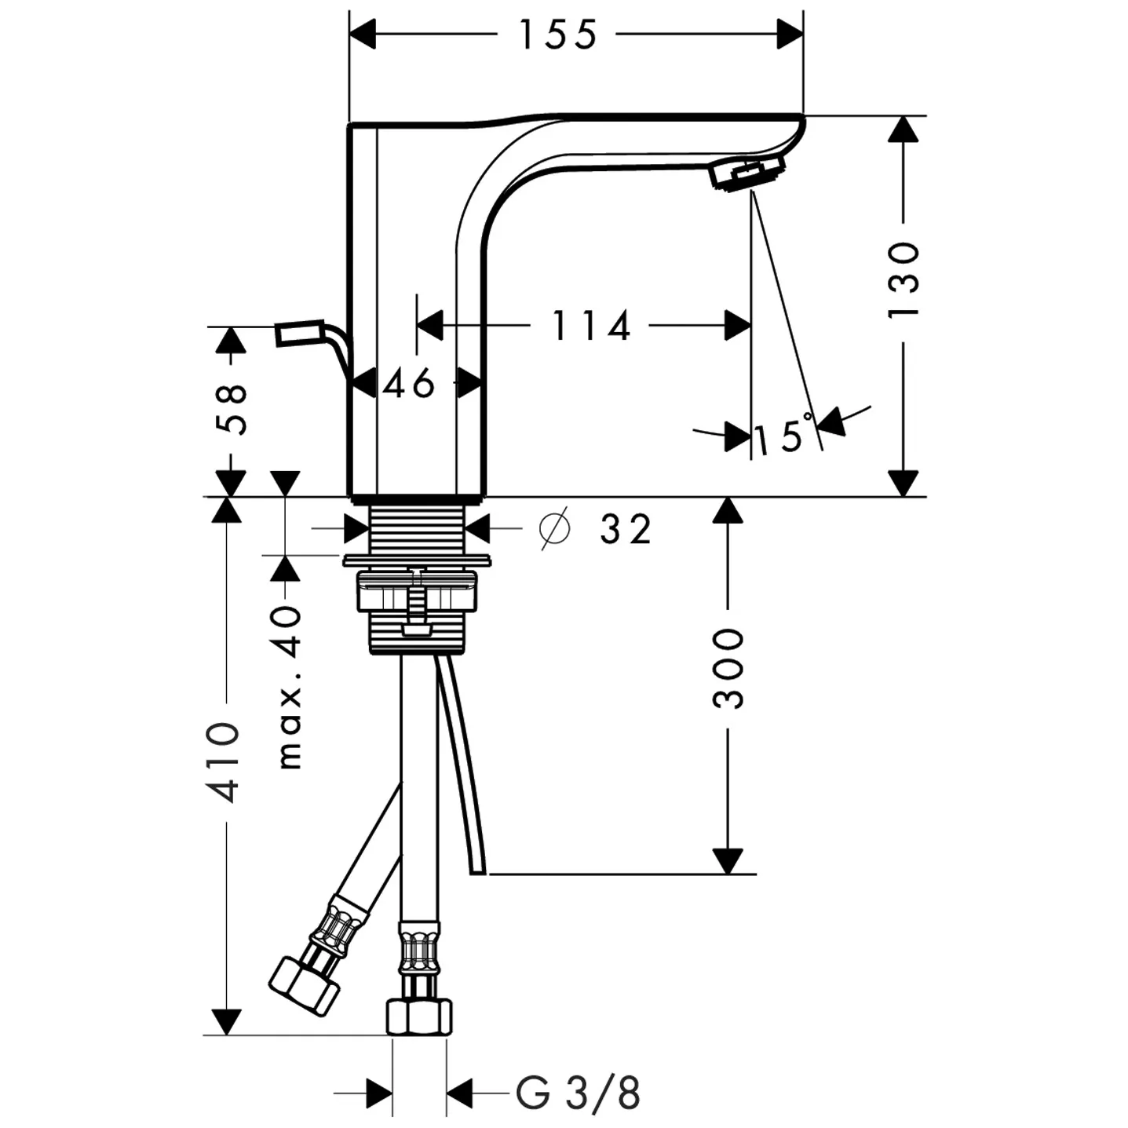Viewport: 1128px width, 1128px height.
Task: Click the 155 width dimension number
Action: coord(558,35)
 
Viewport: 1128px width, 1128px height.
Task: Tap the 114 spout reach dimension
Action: coord(592,326)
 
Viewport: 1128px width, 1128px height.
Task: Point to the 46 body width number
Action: coord(409,384)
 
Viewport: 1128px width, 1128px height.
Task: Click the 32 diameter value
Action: coord(625,529)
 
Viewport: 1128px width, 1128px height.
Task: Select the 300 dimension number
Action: coord(728,669)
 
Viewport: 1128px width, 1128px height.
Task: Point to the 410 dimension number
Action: coord(223,763)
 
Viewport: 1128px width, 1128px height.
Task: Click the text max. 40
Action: coord(289,688)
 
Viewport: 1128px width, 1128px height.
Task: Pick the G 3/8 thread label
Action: coord(578,1093)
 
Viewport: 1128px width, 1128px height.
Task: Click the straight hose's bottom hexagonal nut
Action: coord(418,1017)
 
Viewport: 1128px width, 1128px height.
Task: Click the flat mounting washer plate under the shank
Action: coord(417,560)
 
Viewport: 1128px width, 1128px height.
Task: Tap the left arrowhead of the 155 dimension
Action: coord(363,34)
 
